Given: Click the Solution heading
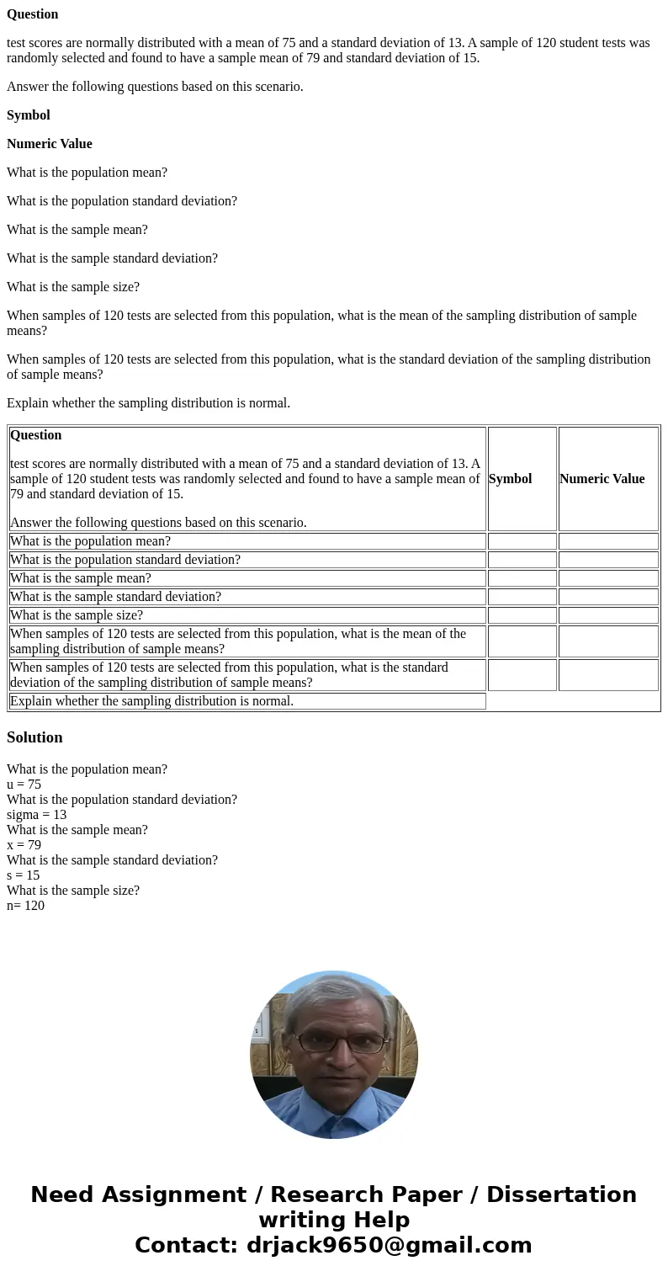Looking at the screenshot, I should [x=34, y=737].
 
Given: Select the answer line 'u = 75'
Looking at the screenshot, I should [x=24, y=785].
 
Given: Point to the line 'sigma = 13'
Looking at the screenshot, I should [x=36, y=815].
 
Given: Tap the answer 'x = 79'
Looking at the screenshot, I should [x=24, y=845].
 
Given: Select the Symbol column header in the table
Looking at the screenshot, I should [x=510, y=479].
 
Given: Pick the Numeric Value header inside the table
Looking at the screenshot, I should [x=602, y=479].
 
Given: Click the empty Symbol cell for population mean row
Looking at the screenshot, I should [x=522, y=541].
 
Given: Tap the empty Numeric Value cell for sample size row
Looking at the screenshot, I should [x=607, y=615].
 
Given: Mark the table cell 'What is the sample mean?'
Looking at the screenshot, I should [x=81, y=578].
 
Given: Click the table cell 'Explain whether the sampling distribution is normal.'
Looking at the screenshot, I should [x=151, y=701].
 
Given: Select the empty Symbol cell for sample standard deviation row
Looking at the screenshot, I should [x=522, y=597].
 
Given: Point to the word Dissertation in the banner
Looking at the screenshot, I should [x=561, y=1195].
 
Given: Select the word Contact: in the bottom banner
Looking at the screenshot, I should [x=186, y=1246].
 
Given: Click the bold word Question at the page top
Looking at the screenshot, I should [x=33, y=14].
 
